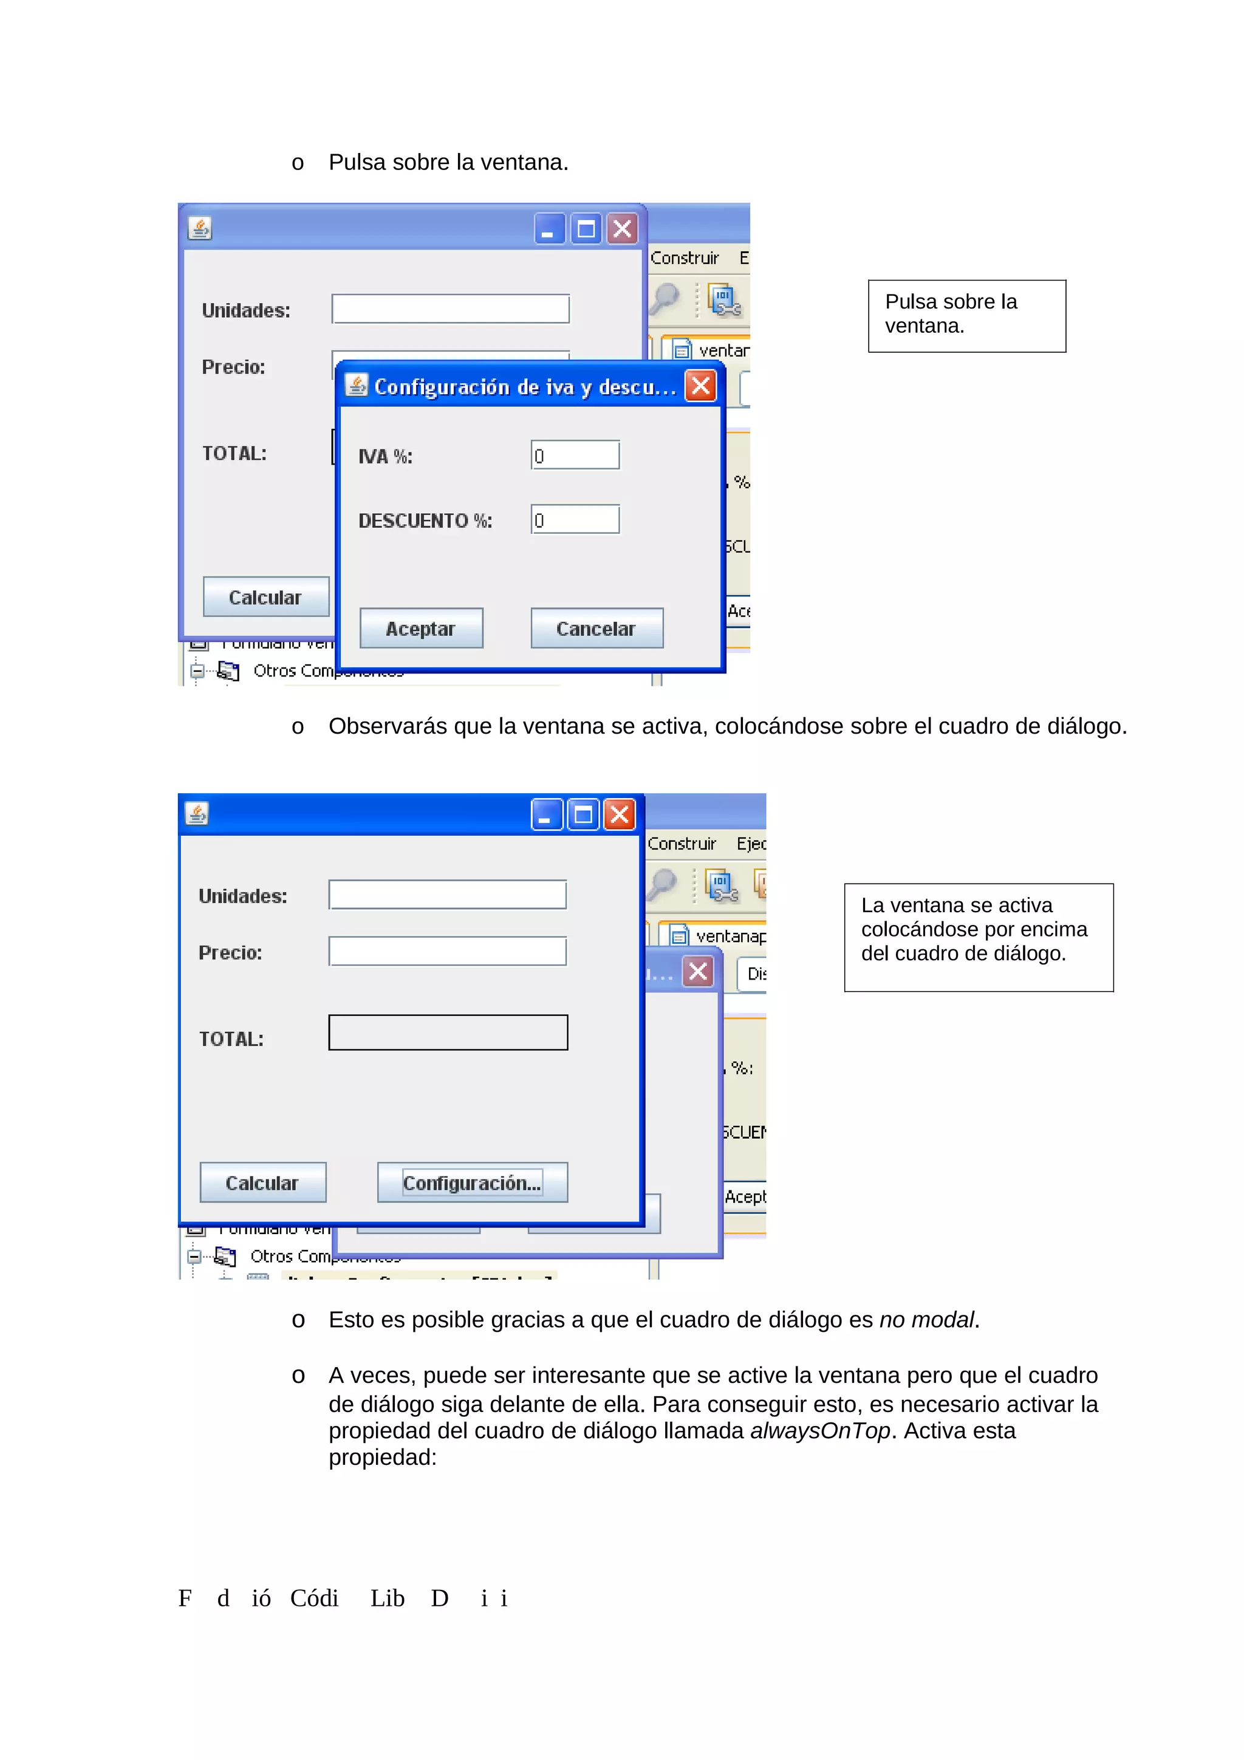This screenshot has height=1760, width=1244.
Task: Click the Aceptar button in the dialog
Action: (421, 628)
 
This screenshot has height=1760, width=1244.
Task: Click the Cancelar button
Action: (596, 628)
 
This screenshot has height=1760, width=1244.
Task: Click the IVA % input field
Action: (575, 455)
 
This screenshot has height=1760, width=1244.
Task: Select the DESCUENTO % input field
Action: (575, 520)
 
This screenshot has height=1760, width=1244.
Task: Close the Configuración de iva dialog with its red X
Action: (700, 386)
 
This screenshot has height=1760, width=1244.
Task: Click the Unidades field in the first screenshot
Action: (450, 309)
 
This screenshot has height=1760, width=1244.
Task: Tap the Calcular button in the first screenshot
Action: (265, 596)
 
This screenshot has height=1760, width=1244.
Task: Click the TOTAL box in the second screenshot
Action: (448, 1032)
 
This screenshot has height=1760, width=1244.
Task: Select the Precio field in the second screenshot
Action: (447, 951)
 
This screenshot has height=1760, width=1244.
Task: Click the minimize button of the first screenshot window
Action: (549, 228)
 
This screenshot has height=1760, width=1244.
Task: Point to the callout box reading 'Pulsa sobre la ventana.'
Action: (966, 315)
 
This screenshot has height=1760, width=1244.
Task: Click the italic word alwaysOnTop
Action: (819, 1430)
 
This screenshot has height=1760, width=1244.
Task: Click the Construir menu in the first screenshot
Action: (684, 258)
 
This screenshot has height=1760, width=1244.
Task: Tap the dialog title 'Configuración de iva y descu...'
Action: (524, 387)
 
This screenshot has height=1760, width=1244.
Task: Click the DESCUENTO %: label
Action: (425, 520)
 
